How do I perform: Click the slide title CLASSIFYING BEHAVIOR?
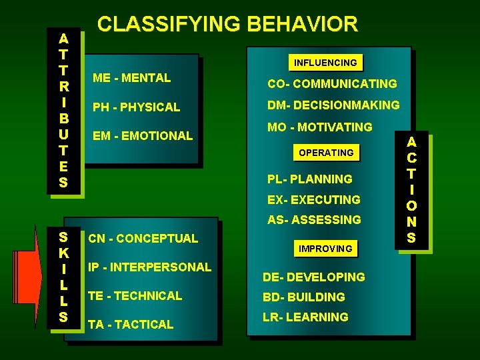coord(227,24)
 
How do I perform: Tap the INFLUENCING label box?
coord(326,63)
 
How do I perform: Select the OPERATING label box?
coord(326,153)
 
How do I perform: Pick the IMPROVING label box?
coord(325,249)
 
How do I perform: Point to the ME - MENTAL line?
coord(132,78)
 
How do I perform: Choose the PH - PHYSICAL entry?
coord(137,107)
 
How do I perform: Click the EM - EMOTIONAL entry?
coord(143,135)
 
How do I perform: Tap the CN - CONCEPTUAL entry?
coord(143,238)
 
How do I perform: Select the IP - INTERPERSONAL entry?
coord(149,267)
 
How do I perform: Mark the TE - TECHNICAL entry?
coord(135,295)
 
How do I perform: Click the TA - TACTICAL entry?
coord(131,324)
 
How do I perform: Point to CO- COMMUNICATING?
coord(332,84)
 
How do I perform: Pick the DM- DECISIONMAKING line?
coord(333,105)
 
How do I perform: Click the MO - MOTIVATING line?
coord(320,127)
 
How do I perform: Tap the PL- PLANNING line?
coord(309,179)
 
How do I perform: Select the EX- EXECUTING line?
coord(313,199)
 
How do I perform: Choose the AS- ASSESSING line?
coord(314,219)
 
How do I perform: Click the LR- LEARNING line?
coord(305,317)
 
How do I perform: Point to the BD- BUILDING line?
coord(304,297)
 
